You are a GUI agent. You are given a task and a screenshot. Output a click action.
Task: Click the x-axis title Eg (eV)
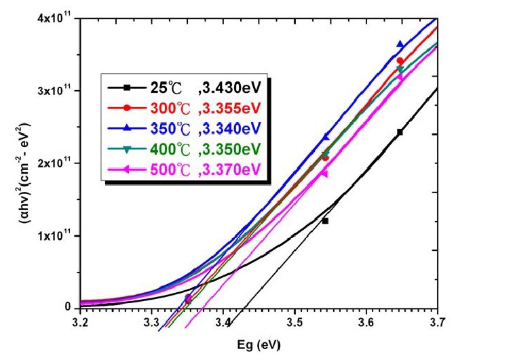pos(260,344)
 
